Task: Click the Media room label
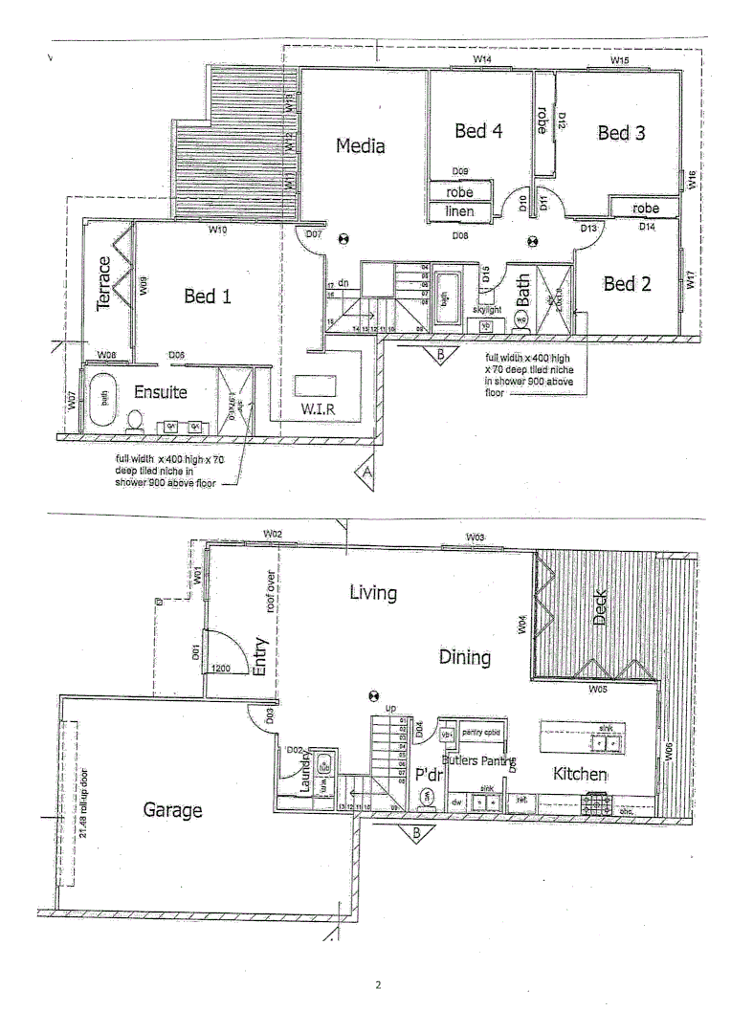click(360, 146)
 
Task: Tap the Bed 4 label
click(477, 131)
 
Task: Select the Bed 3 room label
click(621, 134)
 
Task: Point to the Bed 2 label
click(627, 284)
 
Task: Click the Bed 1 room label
click(208, 297)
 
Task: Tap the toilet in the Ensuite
click(136, 422)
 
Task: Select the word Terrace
click(104, 283)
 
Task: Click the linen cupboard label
click(460, 211)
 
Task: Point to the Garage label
click(172, 810)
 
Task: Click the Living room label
click(372, 593)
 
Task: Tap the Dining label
click(465, 657)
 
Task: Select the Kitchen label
click(580, 773)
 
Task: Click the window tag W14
click(482, 60)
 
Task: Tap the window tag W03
click(476, 538)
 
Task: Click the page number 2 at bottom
click(378, 984)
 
